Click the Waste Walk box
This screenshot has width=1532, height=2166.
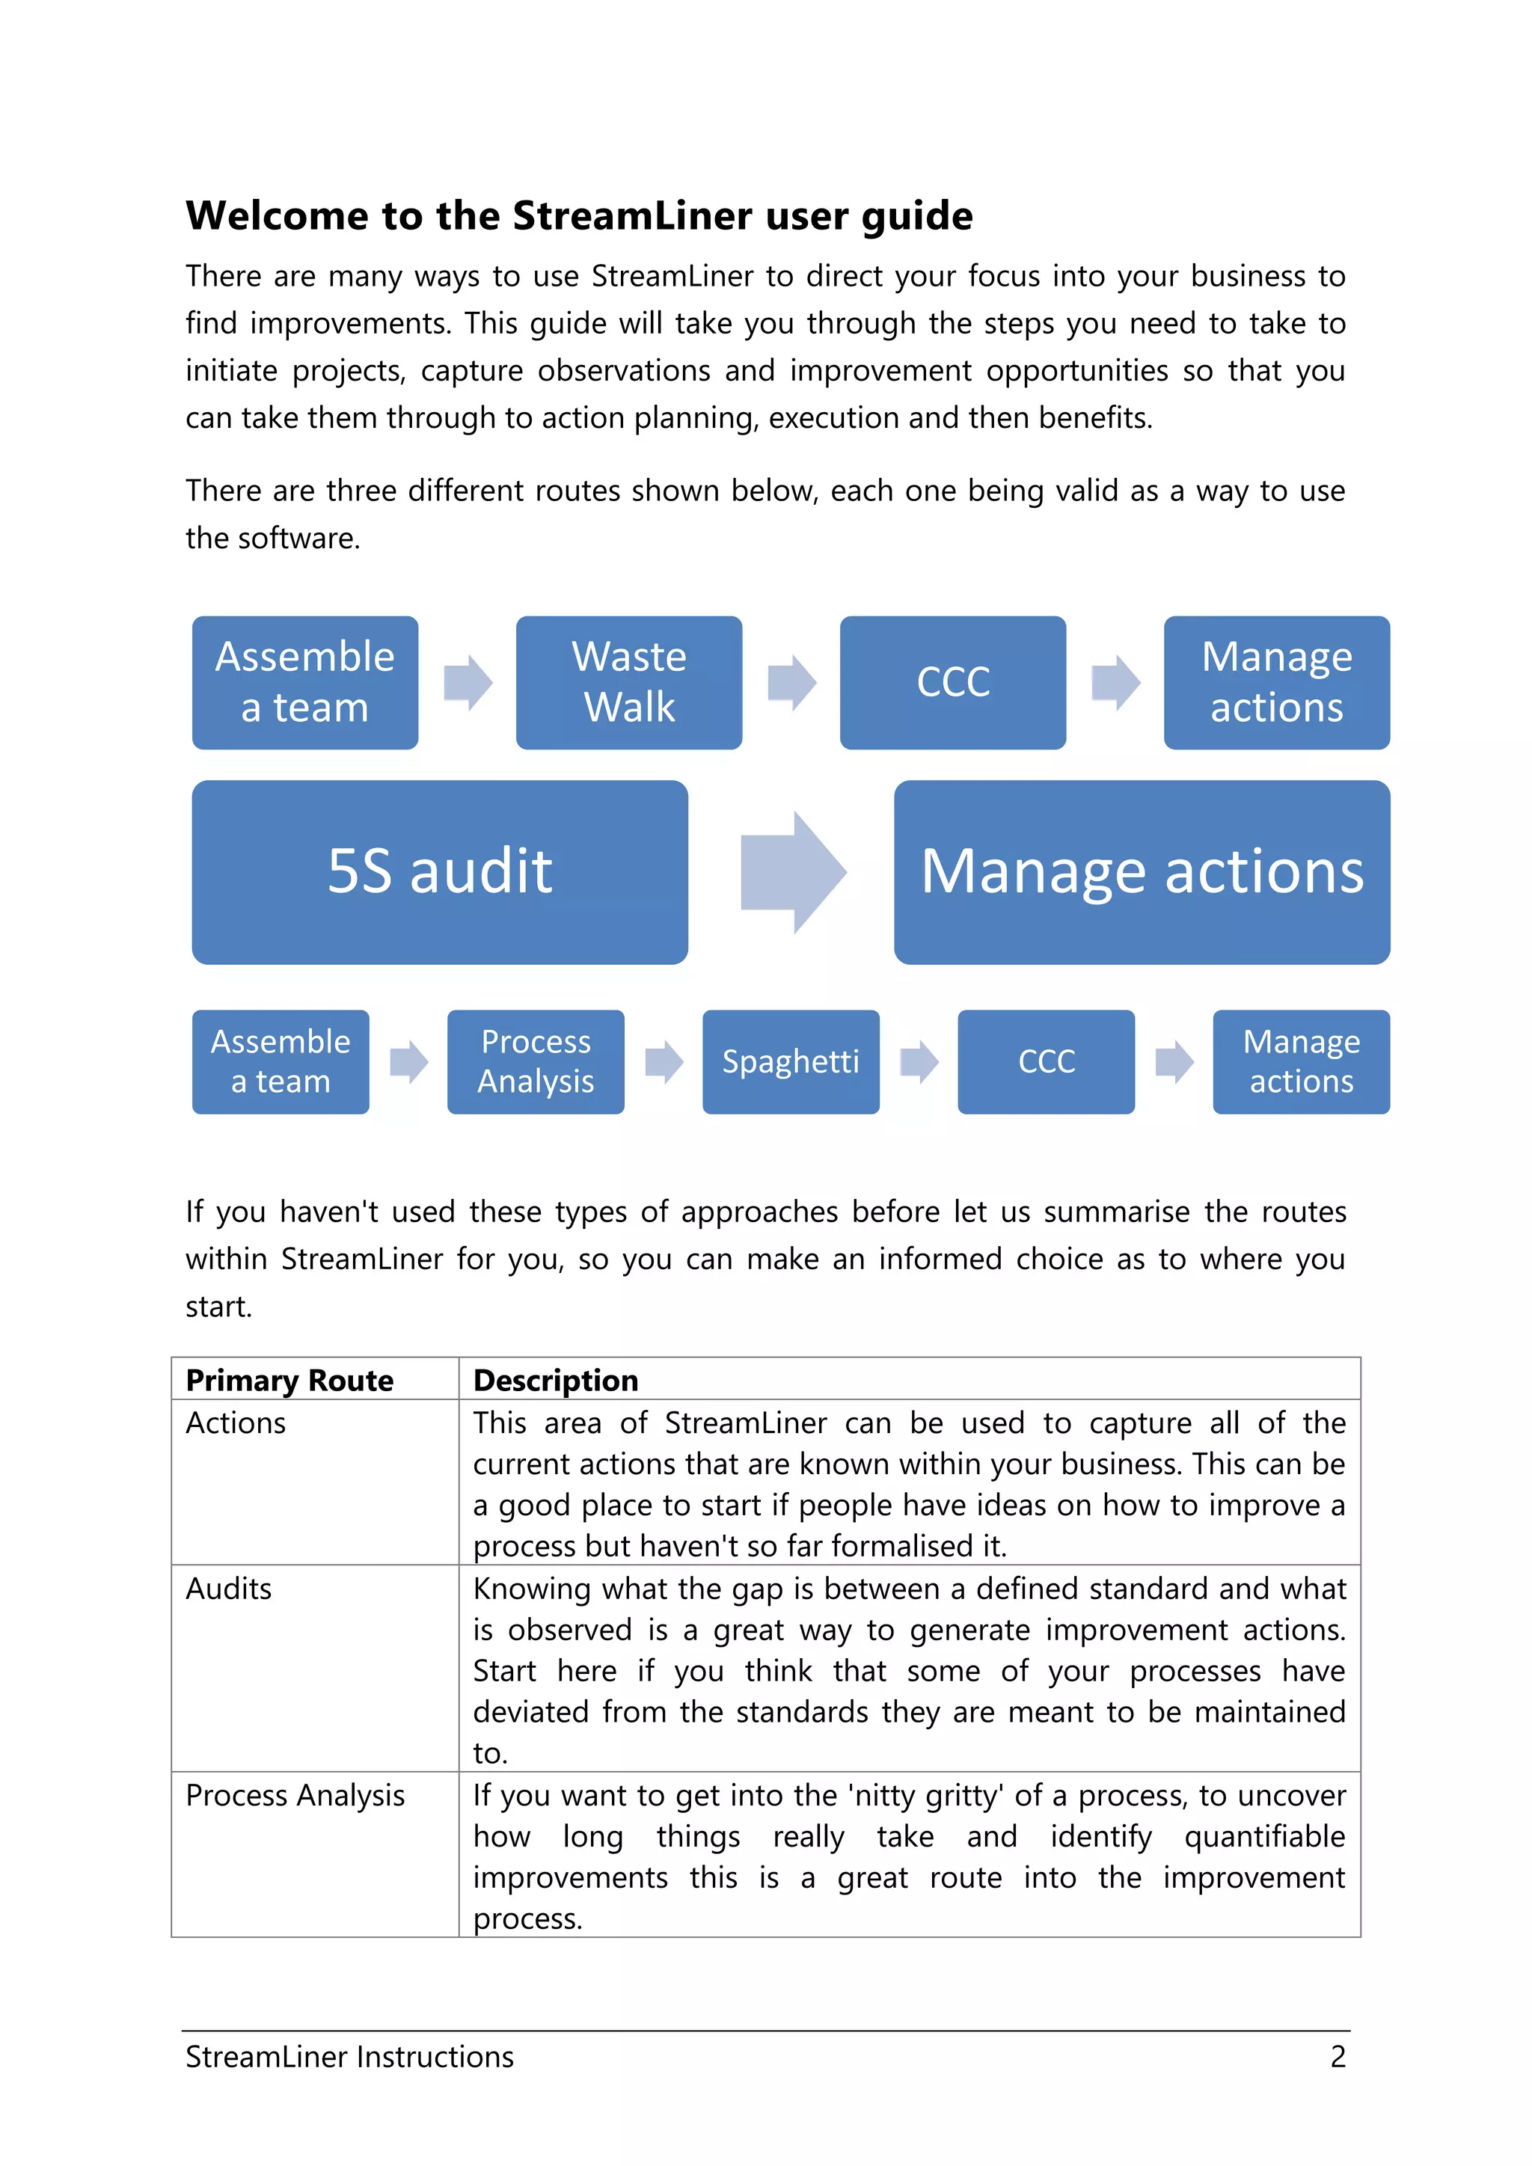click(x=628, y=682)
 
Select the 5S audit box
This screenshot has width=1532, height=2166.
click(x=440, y=871)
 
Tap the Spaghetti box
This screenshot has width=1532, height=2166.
click(x=791, y=1061)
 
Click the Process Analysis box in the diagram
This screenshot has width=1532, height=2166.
click(x=535, y=1061)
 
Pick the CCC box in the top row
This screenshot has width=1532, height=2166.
click(x=953, y=682)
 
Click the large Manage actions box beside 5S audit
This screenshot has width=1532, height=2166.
click(x=1142, y=871)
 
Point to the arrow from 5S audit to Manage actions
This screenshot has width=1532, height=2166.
click(x=791, y=871)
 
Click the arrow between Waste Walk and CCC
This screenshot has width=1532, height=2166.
click(x=791, y=682)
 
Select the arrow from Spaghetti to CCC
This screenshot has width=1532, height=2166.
click(x=919, y=1061)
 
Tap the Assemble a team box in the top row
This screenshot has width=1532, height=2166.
click(x=304, y=682)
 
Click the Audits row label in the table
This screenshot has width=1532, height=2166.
click(x=228, y=1589)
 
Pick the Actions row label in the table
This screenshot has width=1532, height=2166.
click(x=235, y=1423)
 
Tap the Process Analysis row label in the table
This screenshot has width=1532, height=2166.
click(x=295, y=1795)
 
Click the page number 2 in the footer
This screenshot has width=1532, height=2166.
click(x=1338, y=2057)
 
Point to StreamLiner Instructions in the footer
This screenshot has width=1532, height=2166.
click(x=349, y=2057)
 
